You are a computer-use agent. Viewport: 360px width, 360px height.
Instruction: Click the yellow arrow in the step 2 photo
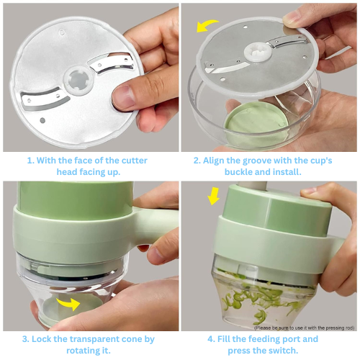206,25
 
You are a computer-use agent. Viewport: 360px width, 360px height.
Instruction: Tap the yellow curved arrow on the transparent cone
69,303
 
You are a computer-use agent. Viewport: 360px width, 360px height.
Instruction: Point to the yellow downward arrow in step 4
213,196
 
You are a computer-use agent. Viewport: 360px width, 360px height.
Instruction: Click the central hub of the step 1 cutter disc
78,81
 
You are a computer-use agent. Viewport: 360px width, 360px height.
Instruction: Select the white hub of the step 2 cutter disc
258,52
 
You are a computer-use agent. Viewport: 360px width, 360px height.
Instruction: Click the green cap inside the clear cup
257,122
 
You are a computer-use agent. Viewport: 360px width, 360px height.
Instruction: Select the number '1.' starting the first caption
31,161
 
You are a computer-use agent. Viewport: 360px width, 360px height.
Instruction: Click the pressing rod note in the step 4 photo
304,328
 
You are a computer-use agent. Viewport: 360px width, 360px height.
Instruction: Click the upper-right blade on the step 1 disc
111,63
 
